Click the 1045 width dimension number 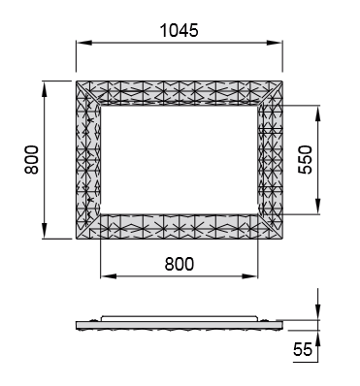tap(179, 31)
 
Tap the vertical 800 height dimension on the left tap(32, 160)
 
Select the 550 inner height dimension tap(306, 160)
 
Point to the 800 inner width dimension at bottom tap(180, 264)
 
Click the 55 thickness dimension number tap(303, 349)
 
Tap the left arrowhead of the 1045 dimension tap(84, 43)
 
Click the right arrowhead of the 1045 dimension tap(275, 43)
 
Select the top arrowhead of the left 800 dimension tap(45, 89)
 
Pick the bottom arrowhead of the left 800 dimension tap(45, 231)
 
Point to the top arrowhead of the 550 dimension tap(318, 113)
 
